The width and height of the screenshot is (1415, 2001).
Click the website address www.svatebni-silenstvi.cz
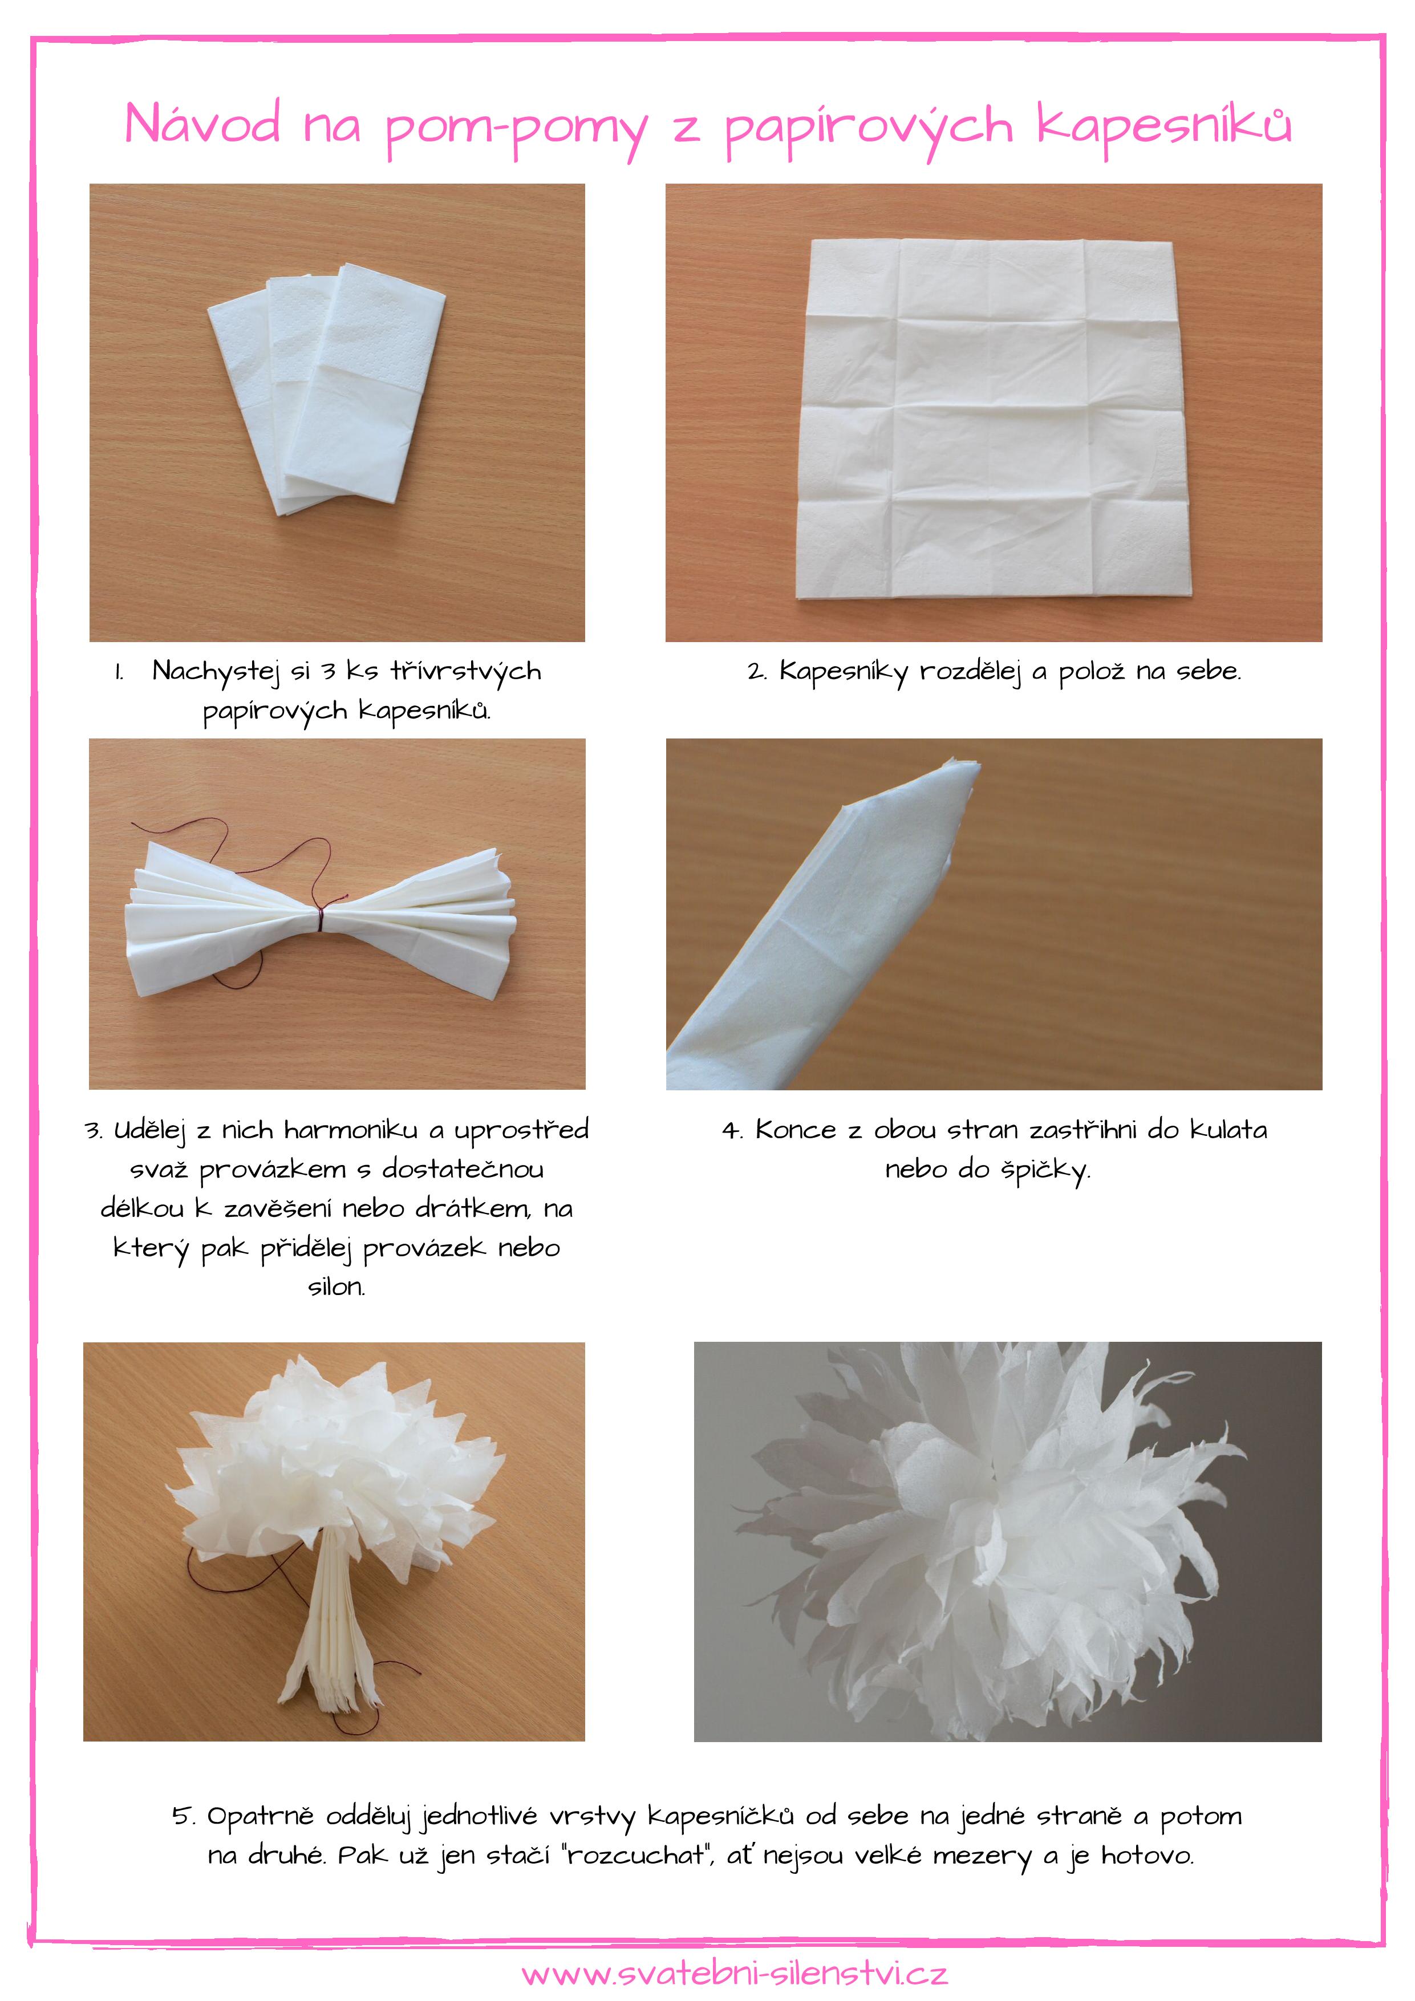click(735, 1973)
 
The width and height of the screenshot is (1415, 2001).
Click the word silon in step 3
click(336, 1286)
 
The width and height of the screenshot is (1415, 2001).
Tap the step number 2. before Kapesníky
click(757, 672)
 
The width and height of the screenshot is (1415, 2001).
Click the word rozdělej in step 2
click(970, 672)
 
